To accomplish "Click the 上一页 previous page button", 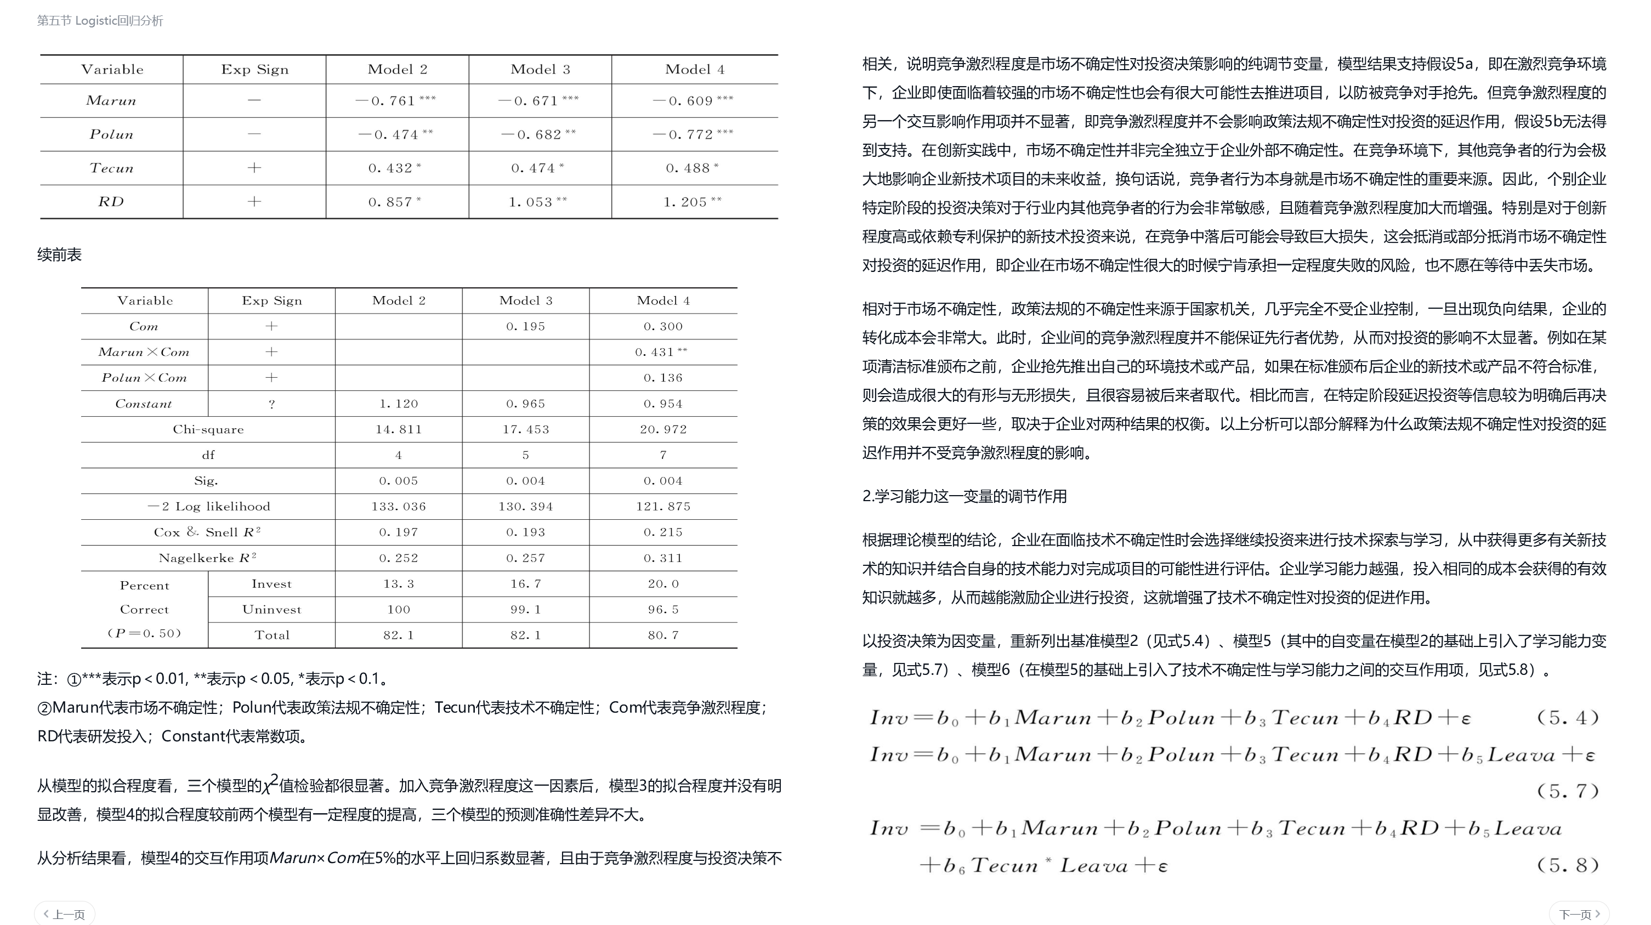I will click(65, 914).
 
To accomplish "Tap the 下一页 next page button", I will click(1579, 914).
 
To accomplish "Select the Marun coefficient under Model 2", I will click(395, 101).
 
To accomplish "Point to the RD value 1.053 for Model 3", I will click(538, 202).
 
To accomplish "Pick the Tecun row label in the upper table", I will click(111, 168).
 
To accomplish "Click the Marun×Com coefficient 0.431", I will click(661, 352).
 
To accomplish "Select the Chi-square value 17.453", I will click(525, 429).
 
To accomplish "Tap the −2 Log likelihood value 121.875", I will click(663, 507).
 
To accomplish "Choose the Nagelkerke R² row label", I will click(208, 558).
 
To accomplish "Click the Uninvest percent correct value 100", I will click(399, 610).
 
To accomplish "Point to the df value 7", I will click(663, 455).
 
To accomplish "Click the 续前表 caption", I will click(60, 254).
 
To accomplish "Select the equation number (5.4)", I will click(1568, 717).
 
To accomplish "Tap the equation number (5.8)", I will click(1568, 865).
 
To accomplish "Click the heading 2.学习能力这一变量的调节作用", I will click(964, 496).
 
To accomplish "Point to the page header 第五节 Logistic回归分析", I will click(100, 20).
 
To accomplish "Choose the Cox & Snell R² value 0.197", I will click(399, 532).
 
